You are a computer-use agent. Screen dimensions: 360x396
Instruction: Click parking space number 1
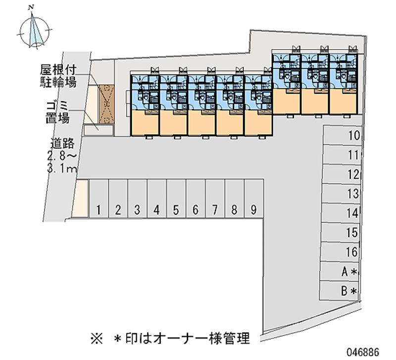pos(99,199)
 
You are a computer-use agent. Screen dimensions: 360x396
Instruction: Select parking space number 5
pos(176,199)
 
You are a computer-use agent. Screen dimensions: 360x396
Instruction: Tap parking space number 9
pos(253,199)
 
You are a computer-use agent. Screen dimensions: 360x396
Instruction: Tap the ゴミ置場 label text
pos(58,112)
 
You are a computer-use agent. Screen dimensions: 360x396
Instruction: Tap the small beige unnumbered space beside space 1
pos(82,198)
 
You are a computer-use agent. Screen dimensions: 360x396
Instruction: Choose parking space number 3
pos(137,199)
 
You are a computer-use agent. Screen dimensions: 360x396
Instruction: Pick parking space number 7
pos(214,199)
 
